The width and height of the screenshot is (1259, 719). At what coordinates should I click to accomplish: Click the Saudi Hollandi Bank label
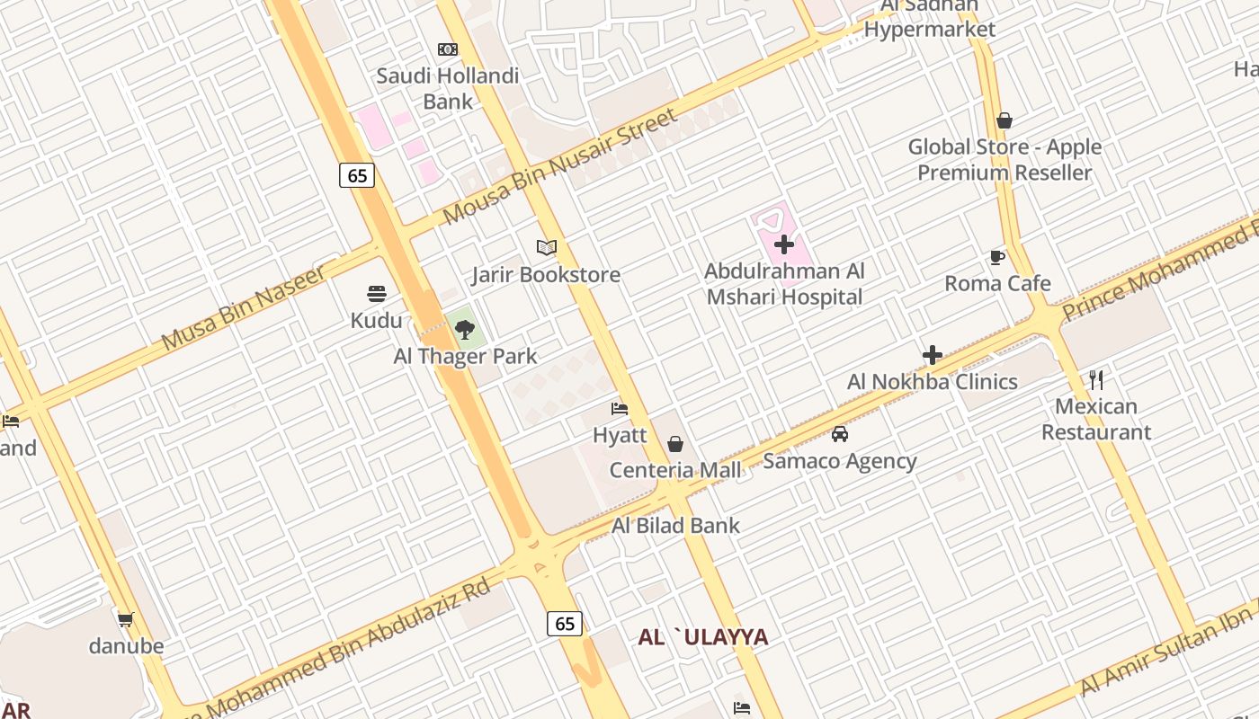[447, 88]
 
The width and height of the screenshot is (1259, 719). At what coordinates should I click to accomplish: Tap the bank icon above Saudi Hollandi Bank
[447, 49]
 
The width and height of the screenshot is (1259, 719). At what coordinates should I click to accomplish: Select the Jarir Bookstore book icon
[546, 247]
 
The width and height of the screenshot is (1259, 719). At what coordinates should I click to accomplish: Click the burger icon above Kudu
[377, 294]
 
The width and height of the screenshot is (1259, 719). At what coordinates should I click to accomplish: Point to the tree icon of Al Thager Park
[464, 330]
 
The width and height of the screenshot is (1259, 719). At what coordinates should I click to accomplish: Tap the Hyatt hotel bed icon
[620, 410]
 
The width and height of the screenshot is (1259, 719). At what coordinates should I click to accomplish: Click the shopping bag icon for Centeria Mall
[675, 444]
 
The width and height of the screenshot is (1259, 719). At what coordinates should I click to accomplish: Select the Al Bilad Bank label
[675, 526]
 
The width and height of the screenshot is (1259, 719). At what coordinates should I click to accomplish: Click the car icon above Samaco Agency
[840, 434]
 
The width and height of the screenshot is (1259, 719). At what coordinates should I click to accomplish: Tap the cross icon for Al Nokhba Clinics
[933, 355]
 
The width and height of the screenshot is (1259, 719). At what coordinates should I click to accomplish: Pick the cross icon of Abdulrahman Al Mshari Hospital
[784, 244]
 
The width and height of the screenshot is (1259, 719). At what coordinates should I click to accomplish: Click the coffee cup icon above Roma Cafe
[997, 258]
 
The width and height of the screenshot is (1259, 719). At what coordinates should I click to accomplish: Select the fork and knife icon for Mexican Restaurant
[1096, 379]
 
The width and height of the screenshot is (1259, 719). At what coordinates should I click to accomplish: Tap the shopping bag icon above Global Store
[1005, 120]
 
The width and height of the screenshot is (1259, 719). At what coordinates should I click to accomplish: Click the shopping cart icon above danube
[126, 619]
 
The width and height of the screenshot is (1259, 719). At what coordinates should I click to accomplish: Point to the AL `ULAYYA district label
[703, 637]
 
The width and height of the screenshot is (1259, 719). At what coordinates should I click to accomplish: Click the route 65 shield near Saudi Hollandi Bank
[357, 175]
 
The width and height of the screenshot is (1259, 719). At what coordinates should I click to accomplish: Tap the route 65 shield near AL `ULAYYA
[565, 623]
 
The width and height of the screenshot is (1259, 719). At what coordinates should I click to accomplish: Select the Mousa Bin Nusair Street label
[558, 168]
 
